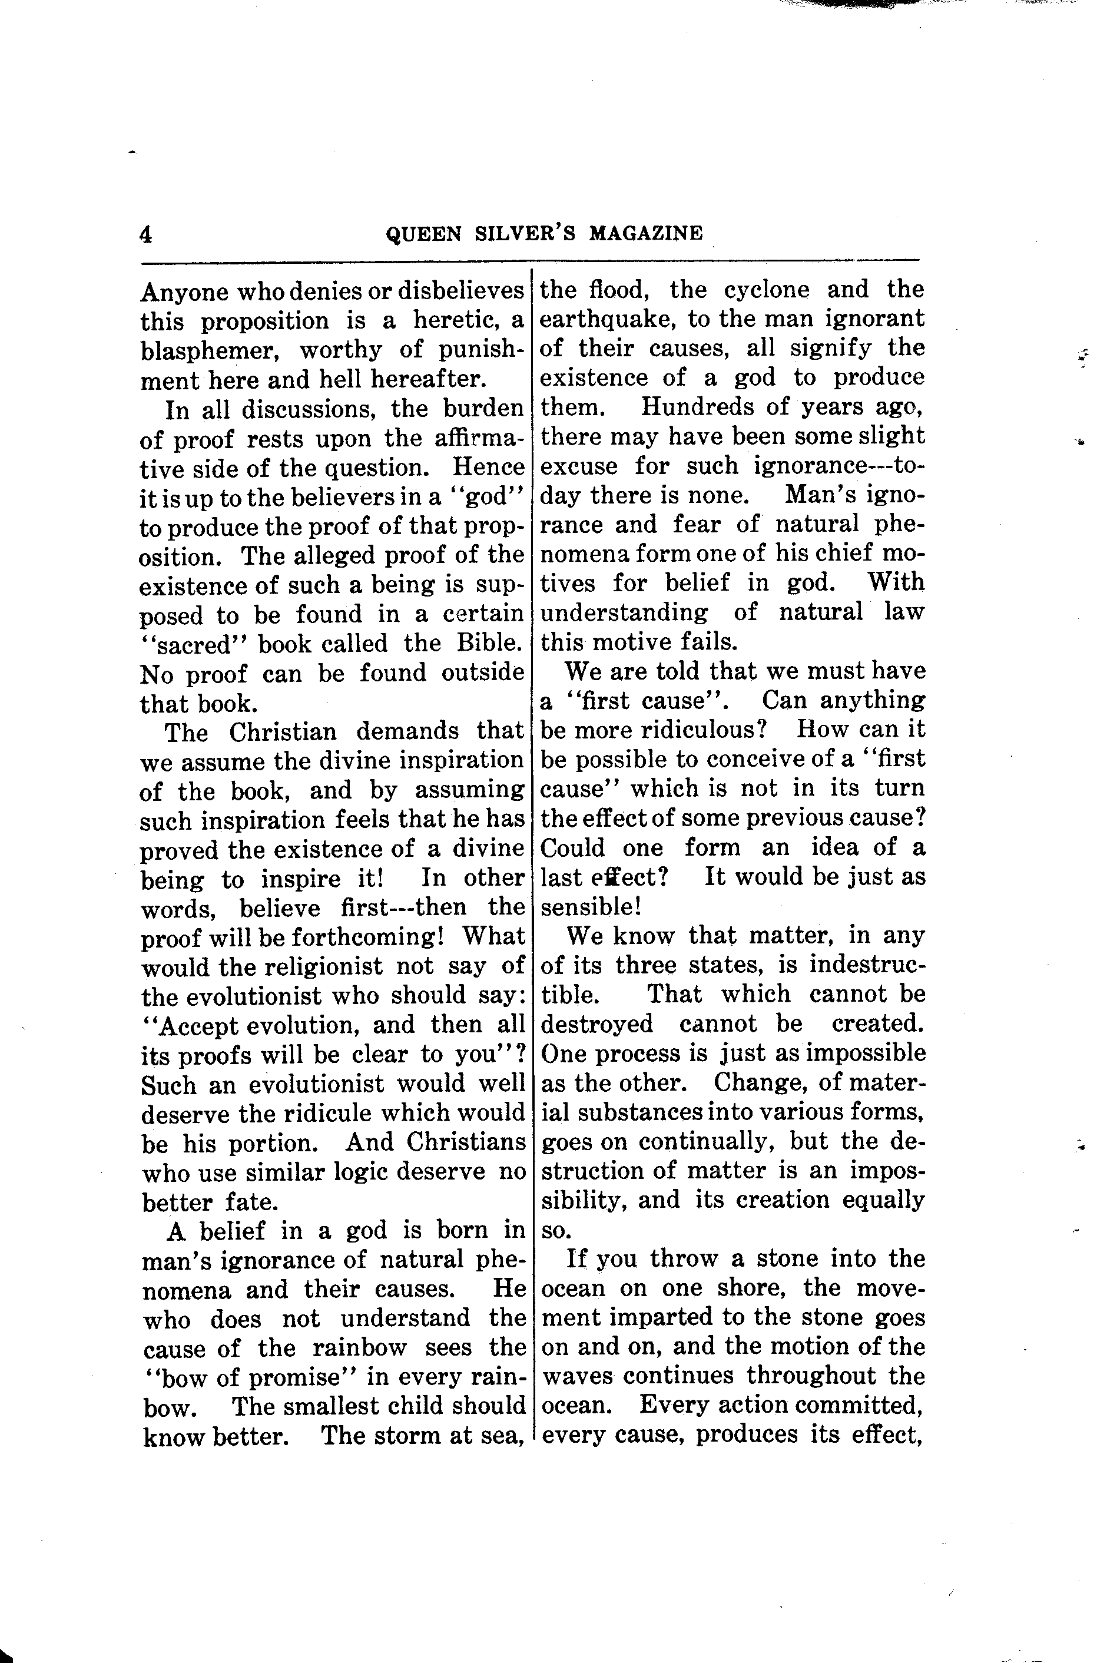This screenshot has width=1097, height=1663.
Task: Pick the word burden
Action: [x=483, y=408]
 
